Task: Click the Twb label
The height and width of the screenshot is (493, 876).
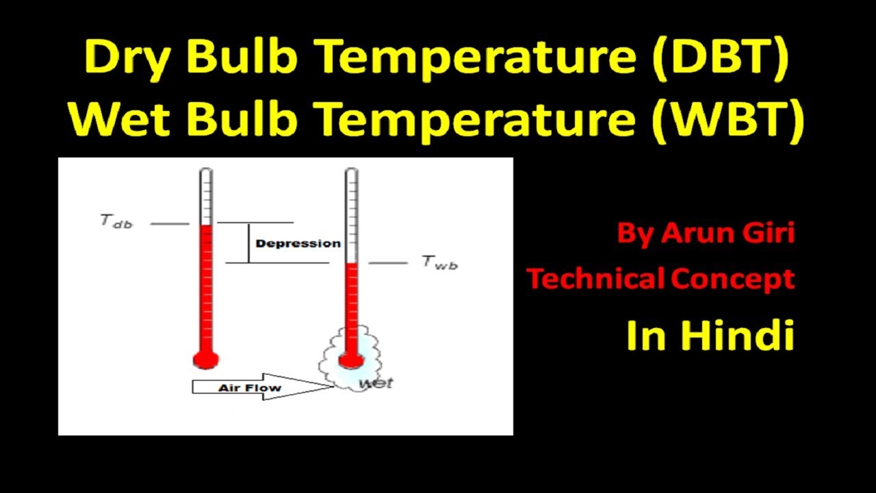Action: click(x=439, y=262)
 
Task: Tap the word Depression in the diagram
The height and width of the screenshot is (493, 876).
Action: click(x=298, y=244)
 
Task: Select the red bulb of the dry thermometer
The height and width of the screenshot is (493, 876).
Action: click(x=205, y=358)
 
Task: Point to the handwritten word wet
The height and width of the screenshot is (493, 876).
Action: click(x=376, y=383)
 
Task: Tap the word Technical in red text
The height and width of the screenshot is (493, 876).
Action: click(x=595, y=279)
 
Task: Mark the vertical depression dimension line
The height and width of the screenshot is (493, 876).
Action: click(x=248, y=242)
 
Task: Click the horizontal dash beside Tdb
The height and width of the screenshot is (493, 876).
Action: click(x=170, y=223)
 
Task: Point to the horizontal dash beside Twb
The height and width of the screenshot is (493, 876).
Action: click(x=389, y=263)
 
